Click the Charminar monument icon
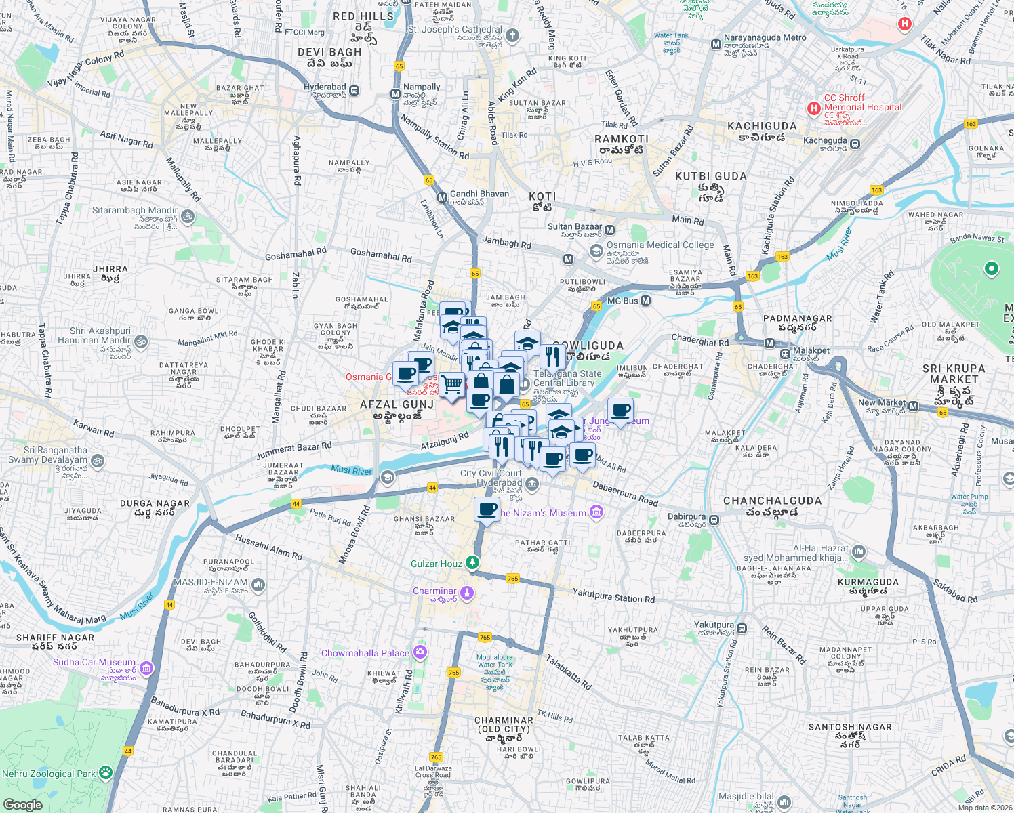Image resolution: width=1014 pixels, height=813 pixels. (466, 593)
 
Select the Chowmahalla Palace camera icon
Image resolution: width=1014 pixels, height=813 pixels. (420, 652)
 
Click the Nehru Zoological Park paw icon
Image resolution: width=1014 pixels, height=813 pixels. (105, 772)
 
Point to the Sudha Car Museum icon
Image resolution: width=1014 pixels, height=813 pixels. (146, 669)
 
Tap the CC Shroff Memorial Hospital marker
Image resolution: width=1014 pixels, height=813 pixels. (813, 108)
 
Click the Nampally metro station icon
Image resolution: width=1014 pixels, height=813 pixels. (395, 93)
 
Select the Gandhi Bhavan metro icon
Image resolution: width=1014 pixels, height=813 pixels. (442, 198)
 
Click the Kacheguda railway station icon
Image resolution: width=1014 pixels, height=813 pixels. (855, 144)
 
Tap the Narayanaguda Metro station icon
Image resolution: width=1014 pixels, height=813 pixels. (716, 45)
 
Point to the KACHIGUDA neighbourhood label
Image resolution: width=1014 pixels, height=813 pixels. (762, 126)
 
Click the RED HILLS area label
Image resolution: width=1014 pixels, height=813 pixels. (363, 16)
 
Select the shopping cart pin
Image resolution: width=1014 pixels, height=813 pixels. (452, 385)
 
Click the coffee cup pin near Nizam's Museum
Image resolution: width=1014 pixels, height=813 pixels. (487, 509)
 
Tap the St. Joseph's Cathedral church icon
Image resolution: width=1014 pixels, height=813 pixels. (512, 35)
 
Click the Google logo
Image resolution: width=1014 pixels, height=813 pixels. (23, 804)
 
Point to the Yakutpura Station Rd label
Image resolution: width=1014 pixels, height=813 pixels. (613, 596)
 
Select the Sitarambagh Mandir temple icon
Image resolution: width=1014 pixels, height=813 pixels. (188, 217)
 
